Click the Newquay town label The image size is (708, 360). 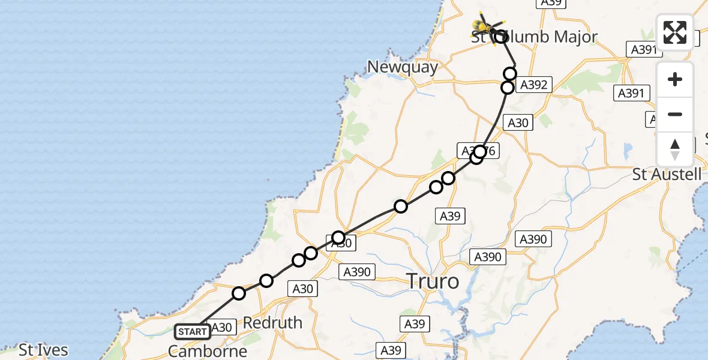click(403, 67)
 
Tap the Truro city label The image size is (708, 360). click(433, 280)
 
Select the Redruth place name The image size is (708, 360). click(272, 323)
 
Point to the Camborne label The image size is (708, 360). click(208, 350)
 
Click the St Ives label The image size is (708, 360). click(43, 349)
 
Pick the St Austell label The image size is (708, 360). click(667, 175)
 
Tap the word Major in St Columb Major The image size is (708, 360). click(567, 37)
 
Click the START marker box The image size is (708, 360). click(193, 331)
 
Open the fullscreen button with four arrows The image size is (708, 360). click(675, 32)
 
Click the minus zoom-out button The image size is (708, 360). click(675, 115)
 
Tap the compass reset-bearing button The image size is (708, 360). click(675, 149)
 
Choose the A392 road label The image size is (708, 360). click(533, 85)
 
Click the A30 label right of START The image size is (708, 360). click(222, 328)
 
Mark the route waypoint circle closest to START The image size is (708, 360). click(239, 293)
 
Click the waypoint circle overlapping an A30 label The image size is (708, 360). click(339, 238)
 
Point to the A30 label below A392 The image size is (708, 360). click(518, 123)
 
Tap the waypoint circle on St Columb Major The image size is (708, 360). click(500, 37)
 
